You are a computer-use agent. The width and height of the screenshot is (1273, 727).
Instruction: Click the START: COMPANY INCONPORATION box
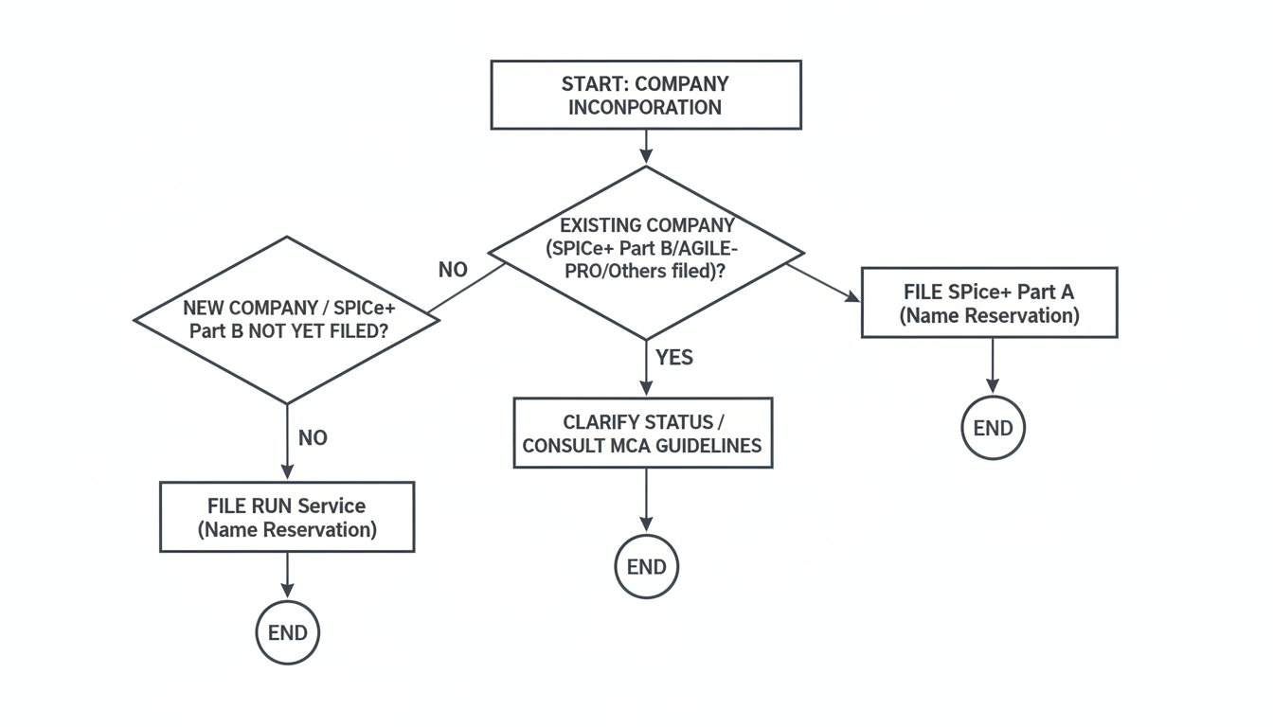[x=646, y=95]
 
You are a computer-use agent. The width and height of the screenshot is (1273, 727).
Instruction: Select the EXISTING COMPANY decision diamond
[x=646, y=253]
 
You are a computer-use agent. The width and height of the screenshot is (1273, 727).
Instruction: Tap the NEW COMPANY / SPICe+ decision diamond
[x=286, y=319]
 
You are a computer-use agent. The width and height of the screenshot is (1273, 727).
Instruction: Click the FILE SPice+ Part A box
[x=989, y=303]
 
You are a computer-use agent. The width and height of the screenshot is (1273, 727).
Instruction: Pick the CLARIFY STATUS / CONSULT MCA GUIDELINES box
[x=642, y=433]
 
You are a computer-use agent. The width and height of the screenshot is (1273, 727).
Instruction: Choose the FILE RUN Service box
[x=286, y=517]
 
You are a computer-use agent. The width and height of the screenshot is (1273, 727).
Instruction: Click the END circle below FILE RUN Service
[x=287, y=632]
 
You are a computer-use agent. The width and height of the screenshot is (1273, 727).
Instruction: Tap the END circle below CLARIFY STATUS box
[x=646, y=567]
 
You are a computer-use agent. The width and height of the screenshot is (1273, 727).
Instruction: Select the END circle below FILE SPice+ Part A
[x=993, y=428]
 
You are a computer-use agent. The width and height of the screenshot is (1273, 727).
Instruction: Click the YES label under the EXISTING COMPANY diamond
[x=674, y=357]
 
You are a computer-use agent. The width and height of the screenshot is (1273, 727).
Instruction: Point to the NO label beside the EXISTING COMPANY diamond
[x=453, y=270]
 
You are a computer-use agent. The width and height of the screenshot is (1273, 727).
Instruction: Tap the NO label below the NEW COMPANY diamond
[x=313, y=438]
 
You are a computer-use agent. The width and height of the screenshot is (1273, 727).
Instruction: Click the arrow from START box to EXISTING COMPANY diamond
[x=646, y=147]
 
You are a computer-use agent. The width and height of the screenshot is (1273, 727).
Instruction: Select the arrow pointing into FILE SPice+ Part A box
[x=824, y=282]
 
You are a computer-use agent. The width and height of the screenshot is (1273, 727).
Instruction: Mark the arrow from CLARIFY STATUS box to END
[x=646, y=500]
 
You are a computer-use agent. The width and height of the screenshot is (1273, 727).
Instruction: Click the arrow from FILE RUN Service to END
[x=287, y=575]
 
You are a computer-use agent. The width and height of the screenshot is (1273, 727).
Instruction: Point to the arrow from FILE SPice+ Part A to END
[x=992, y=364]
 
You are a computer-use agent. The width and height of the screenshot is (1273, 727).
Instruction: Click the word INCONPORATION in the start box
[x=644, y=107]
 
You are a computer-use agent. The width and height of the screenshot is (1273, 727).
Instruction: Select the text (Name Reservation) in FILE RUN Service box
[x=287, y=529]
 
